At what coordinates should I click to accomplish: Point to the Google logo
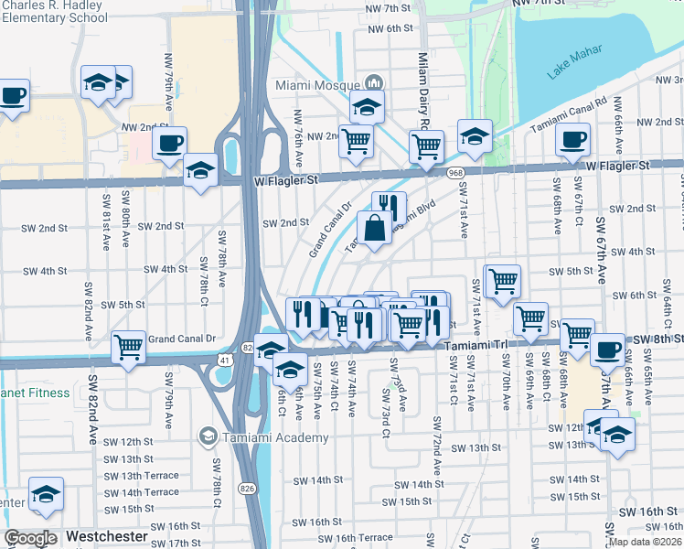click(x=30, y=538)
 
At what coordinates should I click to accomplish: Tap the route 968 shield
click(x=454, y=172)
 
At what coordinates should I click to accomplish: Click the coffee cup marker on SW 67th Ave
click(x=608, y=350)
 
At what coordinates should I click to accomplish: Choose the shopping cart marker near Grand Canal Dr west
click(x=129, y=347)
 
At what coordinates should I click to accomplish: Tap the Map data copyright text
click(x=644, y=542)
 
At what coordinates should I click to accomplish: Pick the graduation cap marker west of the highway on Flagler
click(x=200, y=170)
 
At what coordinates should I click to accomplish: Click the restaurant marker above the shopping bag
click(x=389, y=206)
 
